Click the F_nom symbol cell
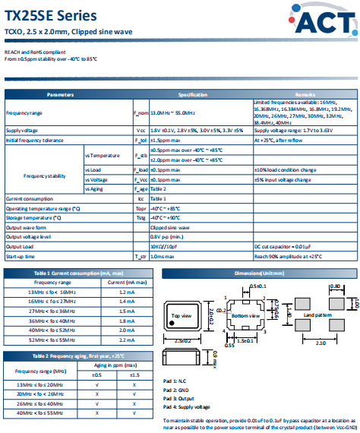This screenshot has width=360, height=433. point(141,112)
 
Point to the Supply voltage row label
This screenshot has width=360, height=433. point(25,131)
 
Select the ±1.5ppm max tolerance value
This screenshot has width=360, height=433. point(166,141)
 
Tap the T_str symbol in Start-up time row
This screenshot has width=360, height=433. point(141,257)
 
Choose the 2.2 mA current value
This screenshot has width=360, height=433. point(127,340)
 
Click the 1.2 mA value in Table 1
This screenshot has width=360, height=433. point(127,292)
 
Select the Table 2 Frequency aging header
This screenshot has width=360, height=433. point(78,356)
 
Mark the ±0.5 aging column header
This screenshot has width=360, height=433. point(96,375)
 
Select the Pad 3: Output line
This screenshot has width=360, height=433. point(180,398)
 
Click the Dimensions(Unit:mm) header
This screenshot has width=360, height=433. point(257,272)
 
